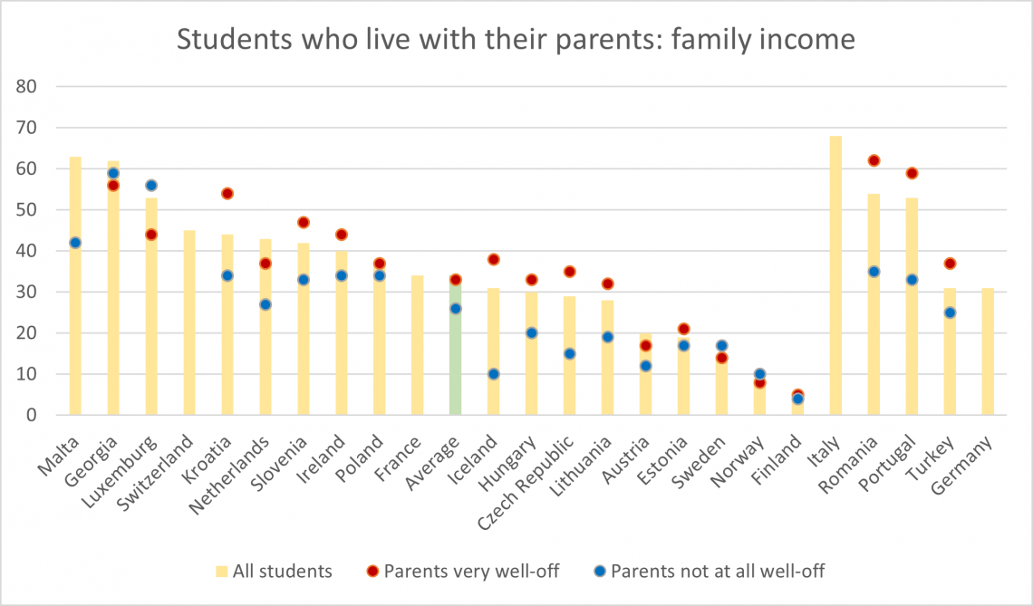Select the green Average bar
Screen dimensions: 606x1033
pyautogui.click(x=456, y=348)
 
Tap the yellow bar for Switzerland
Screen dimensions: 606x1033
pyautogui.click(x=189, y=322)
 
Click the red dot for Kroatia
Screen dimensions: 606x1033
pyautogui.click(x=227, y=193)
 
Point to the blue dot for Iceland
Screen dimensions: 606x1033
pyautogui.click(x=494, y=374)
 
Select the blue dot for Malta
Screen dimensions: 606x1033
pyautogui.click(x=75, y=243)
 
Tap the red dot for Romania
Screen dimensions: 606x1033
pyautogui.click(x=874, y=160)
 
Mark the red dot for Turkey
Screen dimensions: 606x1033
pyautogui.click(x=951, y=264)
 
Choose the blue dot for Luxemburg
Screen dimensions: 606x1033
pyautogui.click(x=151, y=186)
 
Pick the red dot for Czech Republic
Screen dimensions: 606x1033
pyautogui.click(x=570, y=272)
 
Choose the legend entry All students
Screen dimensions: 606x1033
pyautogui.click(x=282, y=572)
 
